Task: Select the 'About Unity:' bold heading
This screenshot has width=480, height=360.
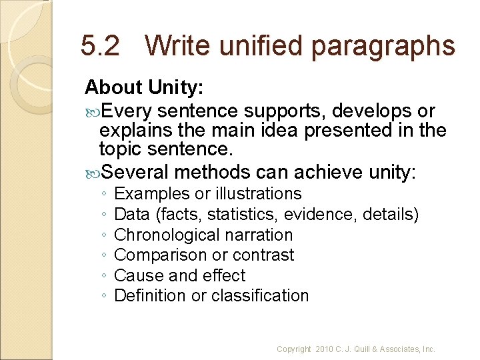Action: (x=144, y=87)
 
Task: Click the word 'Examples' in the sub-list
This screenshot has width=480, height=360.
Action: (x=151, y=194)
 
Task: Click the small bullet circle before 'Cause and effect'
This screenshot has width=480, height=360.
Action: (x=105, y=275)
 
